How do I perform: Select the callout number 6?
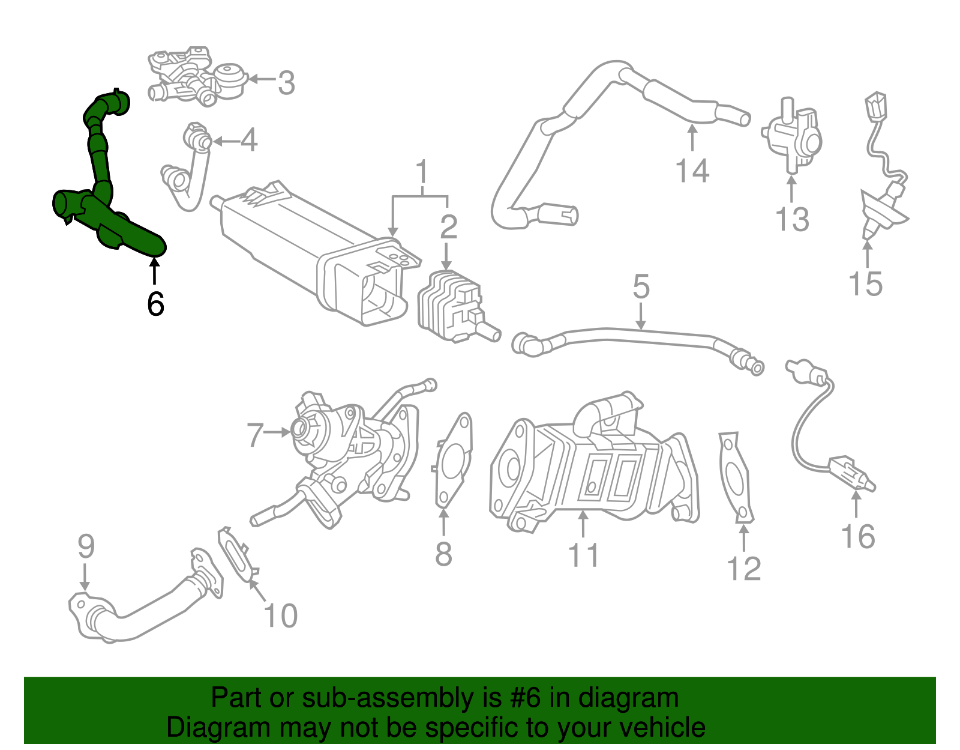pyautogui.click(x=155, y=304)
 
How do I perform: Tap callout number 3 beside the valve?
pyautogui.click(x=286, y=83)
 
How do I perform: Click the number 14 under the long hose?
pyautogui.click(x=692, y=171)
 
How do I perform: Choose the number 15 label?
pyautogui.click(x=865, y=283)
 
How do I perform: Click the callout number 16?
pyautogui.click(x=858, y=536)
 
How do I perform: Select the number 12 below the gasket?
pyautogui.click(x=743, y=569)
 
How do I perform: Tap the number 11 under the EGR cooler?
pyautogui.click(x=583, y=555)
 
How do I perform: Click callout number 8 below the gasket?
pyautogui.click(x=443, y=554)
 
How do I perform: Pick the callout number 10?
pyautogui.click(x=280, y=615)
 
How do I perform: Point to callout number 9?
pyautogui.click(x=86, y=546)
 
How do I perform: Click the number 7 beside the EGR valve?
pyautogui.click(x=255, y=435)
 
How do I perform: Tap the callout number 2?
pyautogui.click(x=448, y=227)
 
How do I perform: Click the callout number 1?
pyautogui.click(x=422, y=172)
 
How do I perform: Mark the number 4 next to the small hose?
pyautogui.click(x=249, y=141)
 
